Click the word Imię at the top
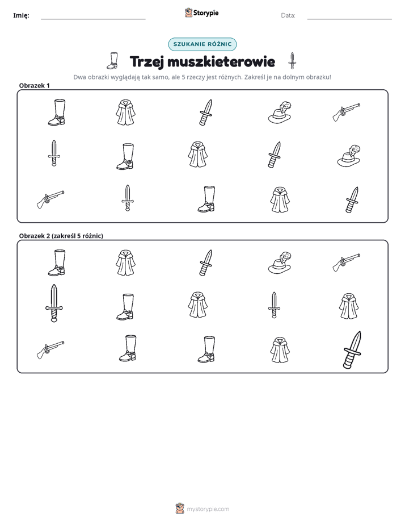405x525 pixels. (x=21, y=15)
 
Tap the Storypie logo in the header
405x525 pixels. (x=201, y=13)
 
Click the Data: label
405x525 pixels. (x=288, y=15)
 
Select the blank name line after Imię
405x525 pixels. (x=93, y=19)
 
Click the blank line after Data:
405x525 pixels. (x=349, y=19)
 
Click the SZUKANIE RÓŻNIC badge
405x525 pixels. (x=202, y=44)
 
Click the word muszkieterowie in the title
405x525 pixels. (x=221, y=61)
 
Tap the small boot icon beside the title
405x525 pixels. (x=113, y=61)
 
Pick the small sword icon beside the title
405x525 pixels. (x=292, y=61)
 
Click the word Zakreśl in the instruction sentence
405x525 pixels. (x=255, y=77)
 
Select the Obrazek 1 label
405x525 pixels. (x=35, y=85)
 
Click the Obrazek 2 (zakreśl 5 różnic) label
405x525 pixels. (x=61, y=236)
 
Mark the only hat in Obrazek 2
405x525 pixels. (x=280, y=262)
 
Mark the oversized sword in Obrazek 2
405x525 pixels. (x=54, y=303)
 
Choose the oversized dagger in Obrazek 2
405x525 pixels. (x=353, y=350)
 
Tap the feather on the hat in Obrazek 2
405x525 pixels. (x=285, y=257)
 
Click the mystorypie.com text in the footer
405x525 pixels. (x=208, y=509)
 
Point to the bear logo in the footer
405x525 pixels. (x=180, y=509)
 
